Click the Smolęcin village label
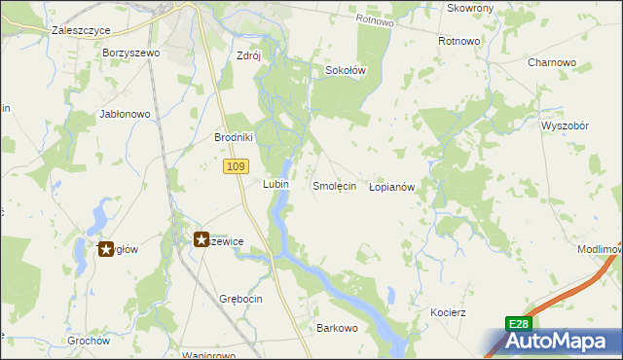[334, 185]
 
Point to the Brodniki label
[234, 137]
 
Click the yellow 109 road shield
[234, 167]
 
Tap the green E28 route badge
[519, 324]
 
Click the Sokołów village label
[345, 71]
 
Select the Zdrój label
[249, 55]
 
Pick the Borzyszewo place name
[129, 53]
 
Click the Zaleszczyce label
[78, 30]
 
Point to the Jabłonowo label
[125, 114]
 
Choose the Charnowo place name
[552, 62]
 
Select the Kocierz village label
[449, 312]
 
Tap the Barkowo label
[338, 328]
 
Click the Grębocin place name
[241, 299]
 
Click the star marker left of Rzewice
[202, 238]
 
